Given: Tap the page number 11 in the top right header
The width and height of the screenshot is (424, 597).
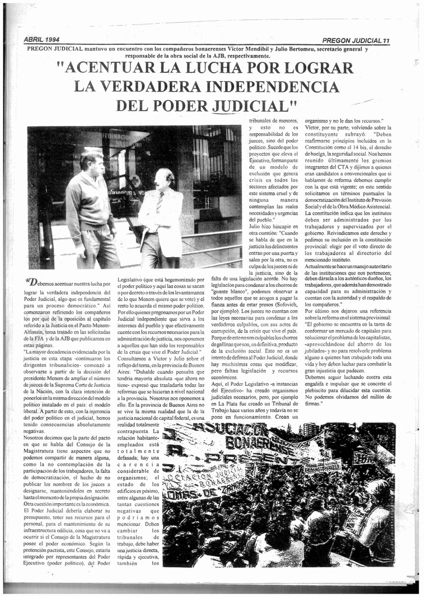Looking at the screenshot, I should point(386,41).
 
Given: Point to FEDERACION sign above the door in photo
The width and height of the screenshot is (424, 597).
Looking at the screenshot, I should point(126,136).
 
